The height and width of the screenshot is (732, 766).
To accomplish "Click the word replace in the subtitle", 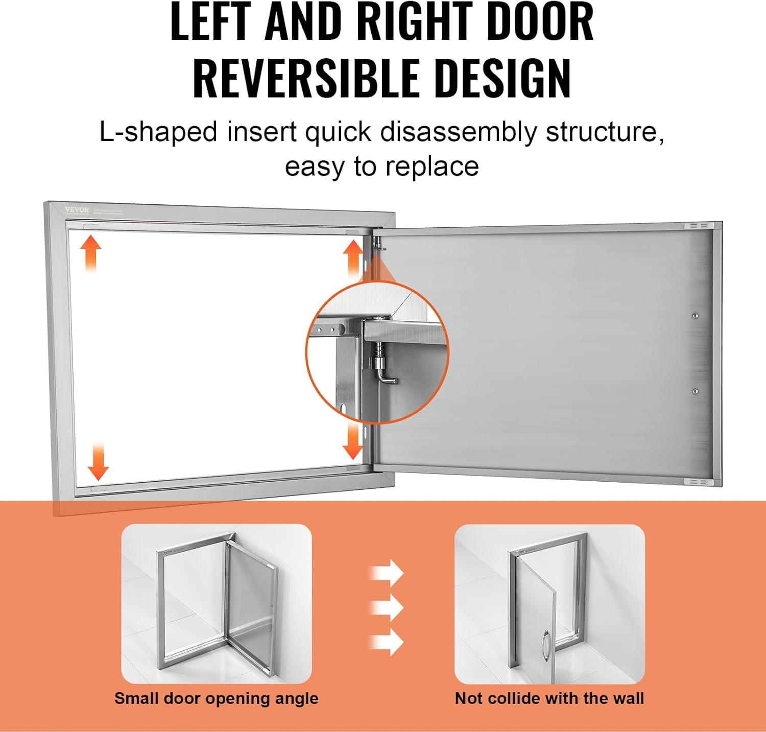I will [432, 167].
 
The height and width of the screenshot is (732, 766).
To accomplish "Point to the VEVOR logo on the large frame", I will [77, 209].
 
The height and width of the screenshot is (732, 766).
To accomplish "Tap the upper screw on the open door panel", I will [695, 316].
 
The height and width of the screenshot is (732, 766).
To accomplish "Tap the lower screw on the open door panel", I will [695, 391].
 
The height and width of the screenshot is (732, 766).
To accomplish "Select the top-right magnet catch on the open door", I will [698, 225].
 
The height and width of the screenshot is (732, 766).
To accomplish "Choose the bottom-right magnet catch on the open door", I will [698, 482].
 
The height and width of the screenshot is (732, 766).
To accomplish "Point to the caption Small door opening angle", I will [216, 698].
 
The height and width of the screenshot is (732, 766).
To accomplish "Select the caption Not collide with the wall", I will [549, 698].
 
